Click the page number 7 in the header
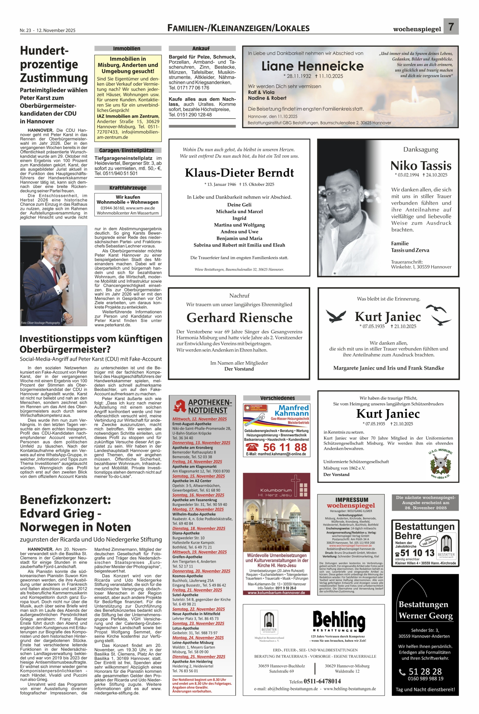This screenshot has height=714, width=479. (x=451, y=27)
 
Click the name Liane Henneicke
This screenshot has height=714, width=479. (x=312, y=66)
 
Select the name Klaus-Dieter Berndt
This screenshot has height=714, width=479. (x=239, y=173)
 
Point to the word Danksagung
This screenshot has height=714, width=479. (x=421, y=149)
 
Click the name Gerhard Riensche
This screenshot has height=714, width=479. (x=239, y=318)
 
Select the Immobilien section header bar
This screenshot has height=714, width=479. (x=128, y=49)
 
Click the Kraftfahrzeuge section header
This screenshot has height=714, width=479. (x=128, y=188)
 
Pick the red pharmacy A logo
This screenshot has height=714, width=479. (x=180, y=406)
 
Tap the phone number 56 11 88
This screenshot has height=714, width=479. (x=284, y=447)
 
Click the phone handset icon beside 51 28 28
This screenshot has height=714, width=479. (x=402, y=672)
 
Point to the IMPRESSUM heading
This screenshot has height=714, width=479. (x=352, y=500)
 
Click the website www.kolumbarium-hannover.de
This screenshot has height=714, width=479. (x=276, y=592)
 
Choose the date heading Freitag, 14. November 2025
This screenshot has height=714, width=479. (x=197, y=462)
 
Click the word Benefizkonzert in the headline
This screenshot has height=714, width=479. (x=65, y=500)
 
